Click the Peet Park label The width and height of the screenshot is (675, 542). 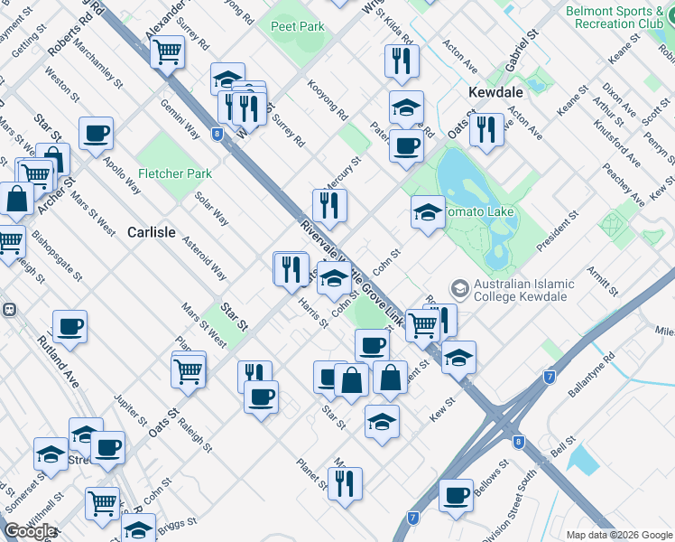point(297,26)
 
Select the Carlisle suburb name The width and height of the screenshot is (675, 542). point(151,232)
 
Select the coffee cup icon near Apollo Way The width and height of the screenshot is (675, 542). point(96,134)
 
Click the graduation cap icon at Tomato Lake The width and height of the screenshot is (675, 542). point(428,213)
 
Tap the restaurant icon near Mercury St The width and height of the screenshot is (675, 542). point(329,205)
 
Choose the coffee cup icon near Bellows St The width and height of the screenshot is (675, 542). point(457,494)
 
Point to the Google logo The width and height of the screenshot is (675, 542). point(29,532)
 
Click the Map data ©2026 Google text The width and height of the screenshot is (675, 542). point(619,535)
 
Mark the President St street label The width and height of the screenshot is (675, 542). point(557,232)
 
